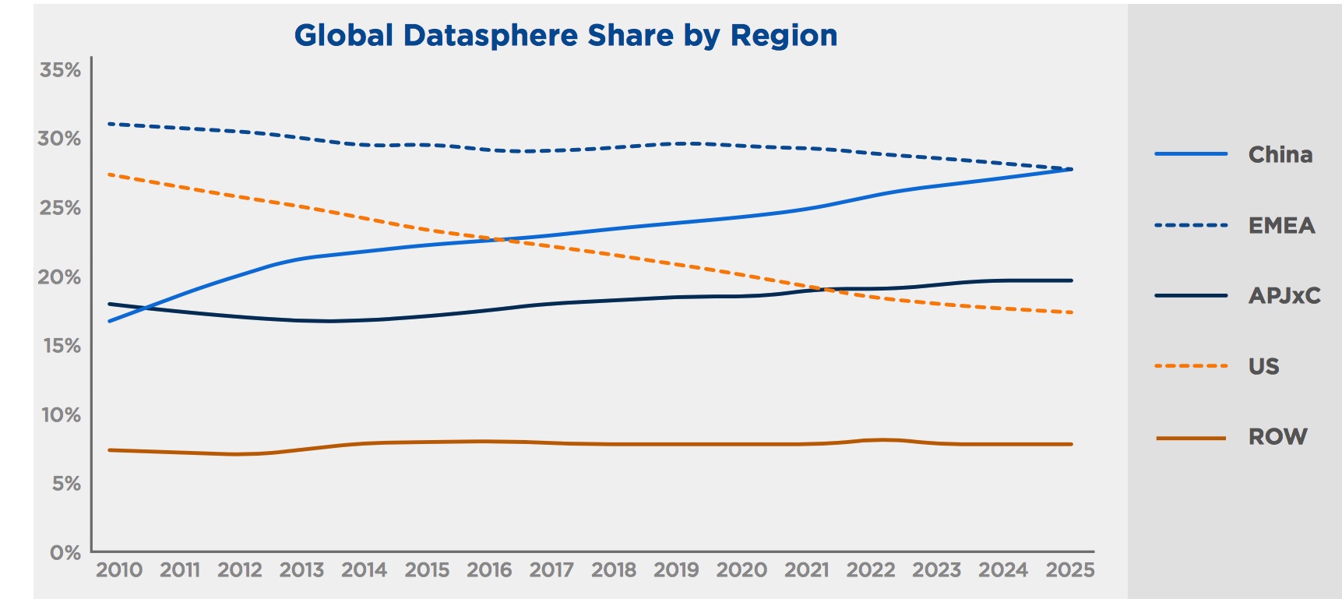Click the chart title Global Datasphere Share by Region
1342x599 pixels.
pos(565,36)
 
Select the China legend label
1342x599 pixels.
pos(1280,155)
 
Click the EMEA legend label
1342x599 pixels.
pos(1281,226)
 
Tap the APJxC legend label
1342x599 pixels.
pos(1284,296)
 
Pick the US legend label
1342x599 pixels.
pos(1263,367)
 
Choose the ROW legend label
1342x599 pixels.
pos(1277,437)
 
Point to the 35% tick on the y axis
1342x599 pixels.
pos(61,70)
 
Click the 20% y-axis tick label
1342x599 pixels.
pos(59,277)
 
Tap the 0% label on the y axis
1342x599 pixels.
pos(65,553)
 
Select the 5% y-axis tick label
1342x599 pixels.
pos(66,484)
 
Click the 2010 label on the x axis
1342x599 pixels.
pos(119,570)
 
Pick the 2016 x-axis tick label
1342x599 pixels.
pos(489,570)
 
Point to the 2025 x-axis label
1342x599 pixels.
pos(1069,570)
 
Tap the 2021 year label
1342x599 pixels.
pos(806,570)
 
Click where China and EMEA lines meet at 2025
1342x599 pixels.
pos(1072,169)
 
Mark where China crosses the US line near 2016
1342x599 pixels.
pos(499,239)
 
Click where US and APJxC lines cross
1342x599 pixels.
pos(827,290)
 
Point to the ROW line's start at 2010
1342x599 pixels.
pos(110,449)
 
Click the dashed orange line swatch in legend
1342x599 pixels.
pos(1191,366)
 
